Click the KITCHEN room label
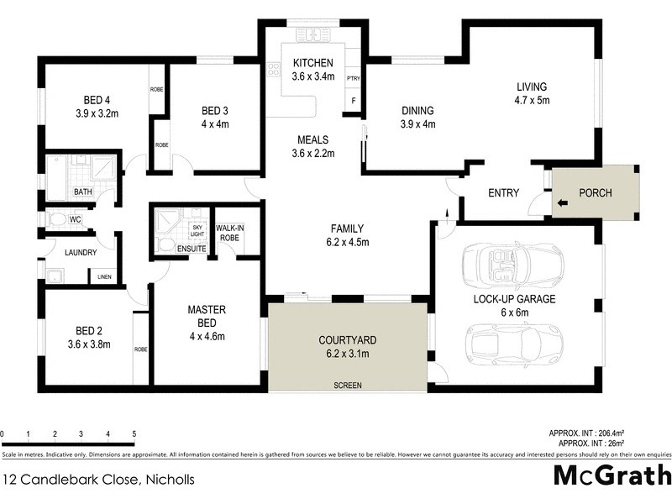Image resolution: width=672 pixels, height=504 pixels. (x=312, y=63)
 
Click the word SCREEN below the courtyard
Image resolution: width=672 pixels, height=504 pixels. (x=347, y=386)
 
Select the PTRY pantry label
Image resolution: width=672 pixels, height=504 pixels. (x=354, y=77)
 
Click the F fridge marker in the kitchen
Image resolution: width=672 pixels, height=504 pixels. (x=354, y=101)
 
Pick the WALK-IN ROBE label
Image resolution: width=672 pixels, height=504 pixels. (x=229, y=233)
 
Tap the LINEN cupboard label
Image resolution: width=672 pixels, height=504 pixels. (x=104, y=277)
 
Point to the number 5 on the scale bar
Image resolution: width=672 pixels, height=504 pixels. (x=134, y=434)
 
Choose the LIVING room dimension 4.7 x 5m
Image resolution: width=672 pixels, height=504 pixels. (x=531, y=100)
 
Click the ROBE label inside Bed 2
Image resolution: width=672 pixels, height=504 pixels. (x=140, y=347)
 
